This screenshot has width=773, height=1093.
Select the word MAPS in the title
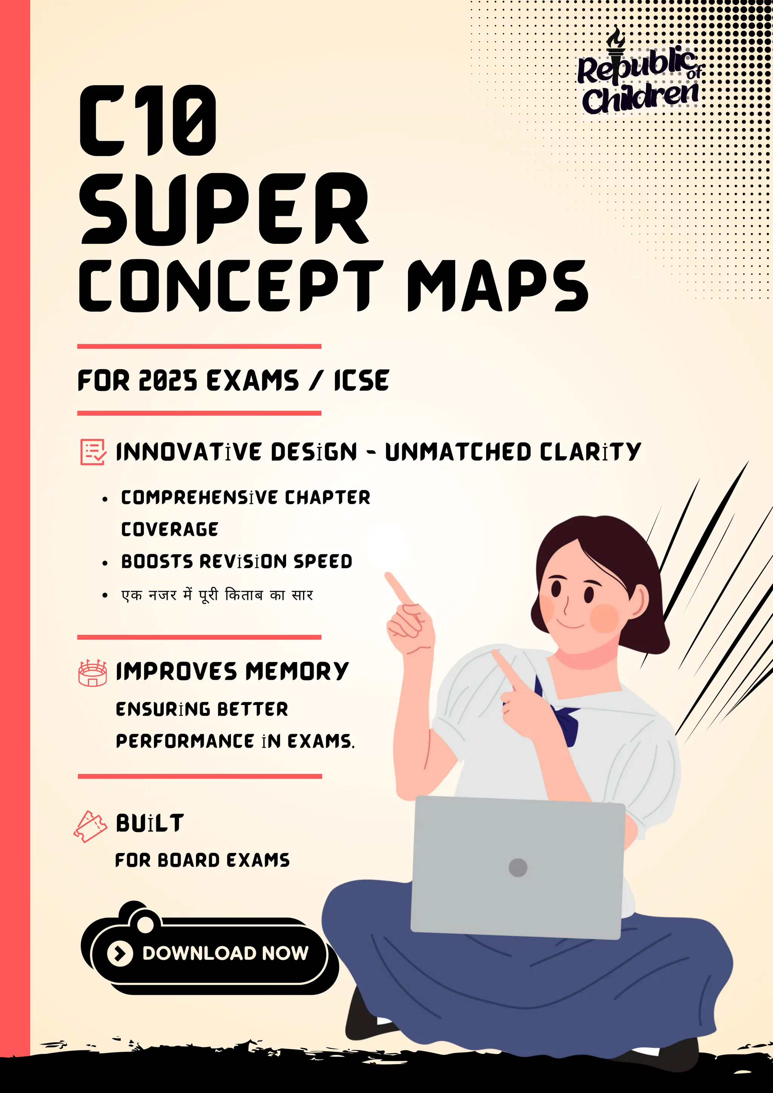click(x=497, y=286)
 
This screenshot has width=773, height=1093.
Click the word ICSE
click(x=361, y=381)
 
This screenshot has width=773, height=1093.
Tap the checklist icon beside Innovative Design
click(x=93, y=452)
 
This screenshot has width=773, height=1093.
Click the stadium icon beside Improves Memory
click(x=92, y=673)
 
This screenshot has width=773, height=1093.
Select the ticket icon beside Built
click(x=89, y=827)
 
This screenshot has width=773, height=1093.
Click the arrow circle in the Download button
click(x=120, y=953)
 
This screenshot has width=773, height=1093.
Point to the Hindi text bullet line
click(x=217, y=595)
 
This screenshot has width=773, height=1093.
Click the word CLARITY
click(x=590, y=452)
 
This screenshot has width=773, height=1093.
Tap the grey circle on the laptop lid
click(x=518, y=867)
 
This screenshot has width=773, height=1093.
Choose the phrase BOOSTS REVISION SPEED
click(x=237, y=562)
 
